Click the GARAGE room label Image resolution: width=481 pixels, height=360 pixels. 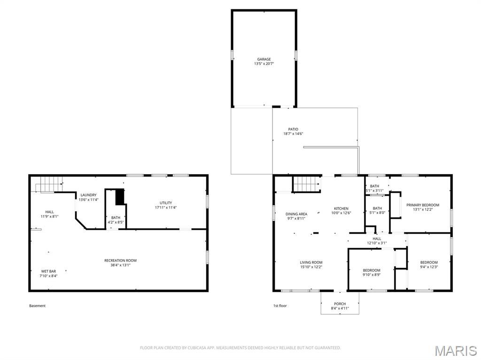(x=264, y=59)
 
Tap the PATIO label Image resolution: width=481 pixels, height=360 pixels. (x=293, y=129)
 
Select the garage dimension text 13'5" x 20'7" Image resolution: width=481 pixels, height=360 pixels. (x=264, y=64)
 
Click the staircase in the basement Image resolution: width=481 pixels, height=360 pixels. (x=50, y=184)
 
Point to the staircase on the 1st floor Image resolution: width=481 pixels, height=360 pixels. (x=307, y=184)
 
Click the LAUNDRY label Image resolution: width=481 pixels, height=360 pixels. (x=88, y=195)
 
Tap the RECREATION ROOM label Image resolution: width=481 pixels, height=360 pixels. (x=120, y=260)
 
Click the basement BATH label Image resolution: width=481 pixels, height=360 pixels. (x=116, y=217)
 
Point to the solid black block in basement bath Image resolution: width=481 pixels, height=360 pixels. (x=120, y=196)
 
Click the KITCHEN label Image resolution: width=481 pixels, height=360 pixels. (x=341, y=208)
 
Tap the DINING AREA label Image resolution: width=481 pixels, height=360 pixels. (x=296, y=214)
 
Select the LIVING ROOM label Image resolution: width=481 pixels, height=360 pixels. (x=311, y=262)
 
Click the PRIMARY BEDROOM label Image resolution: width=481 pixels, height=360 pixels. (x=423, y=205)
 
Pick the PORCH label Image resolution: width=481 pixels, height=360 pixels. (x=340, y=304)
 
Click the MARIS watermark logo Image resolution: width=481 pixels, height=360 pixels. (x=455, y=351)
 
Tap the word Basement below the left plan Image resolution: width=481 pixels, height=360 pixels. (x=38, y=306)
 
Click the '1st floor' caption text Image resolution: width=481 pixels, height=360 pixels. (x=280, y=306)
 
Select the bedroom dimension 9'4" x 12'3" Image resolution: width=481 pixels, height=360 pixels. (x=428, y=267)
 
